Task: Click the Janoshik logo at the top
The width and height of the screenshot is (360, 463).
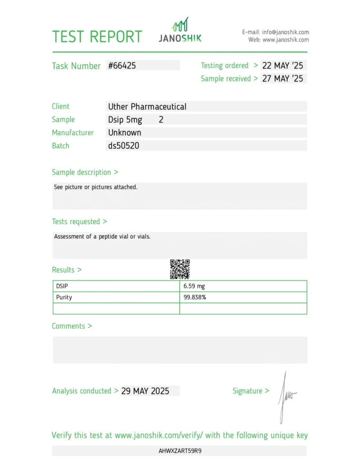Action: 180,31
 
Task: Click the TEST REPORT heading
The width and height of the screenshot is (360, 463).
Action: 97,37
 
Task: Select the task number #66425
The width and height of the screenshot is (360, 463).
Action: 122,66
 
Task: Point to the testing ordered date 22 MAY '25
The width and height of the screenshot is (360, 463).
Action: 283,66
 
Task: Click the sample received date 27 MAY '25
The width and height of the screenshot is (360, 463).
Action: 283,79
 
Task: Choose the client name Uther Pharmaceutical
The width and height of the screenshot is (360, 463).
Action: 147,107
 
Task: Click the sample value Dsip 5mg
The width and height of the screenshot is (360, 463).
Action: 125,120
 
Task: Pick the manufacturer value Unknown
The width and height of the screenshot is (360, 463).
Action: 124,133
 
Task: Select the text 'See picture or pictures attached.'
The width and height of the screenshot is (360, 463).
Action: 95,187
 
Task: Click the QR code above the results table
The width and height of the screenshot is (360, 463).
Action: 180,269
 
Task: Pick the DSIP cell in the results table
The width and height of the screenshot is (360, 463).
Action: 62,286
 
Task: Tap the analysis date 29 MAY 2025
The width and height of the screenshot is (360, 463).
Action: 145,391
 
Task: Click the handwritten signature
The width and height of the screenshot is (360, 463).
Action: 285,396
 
